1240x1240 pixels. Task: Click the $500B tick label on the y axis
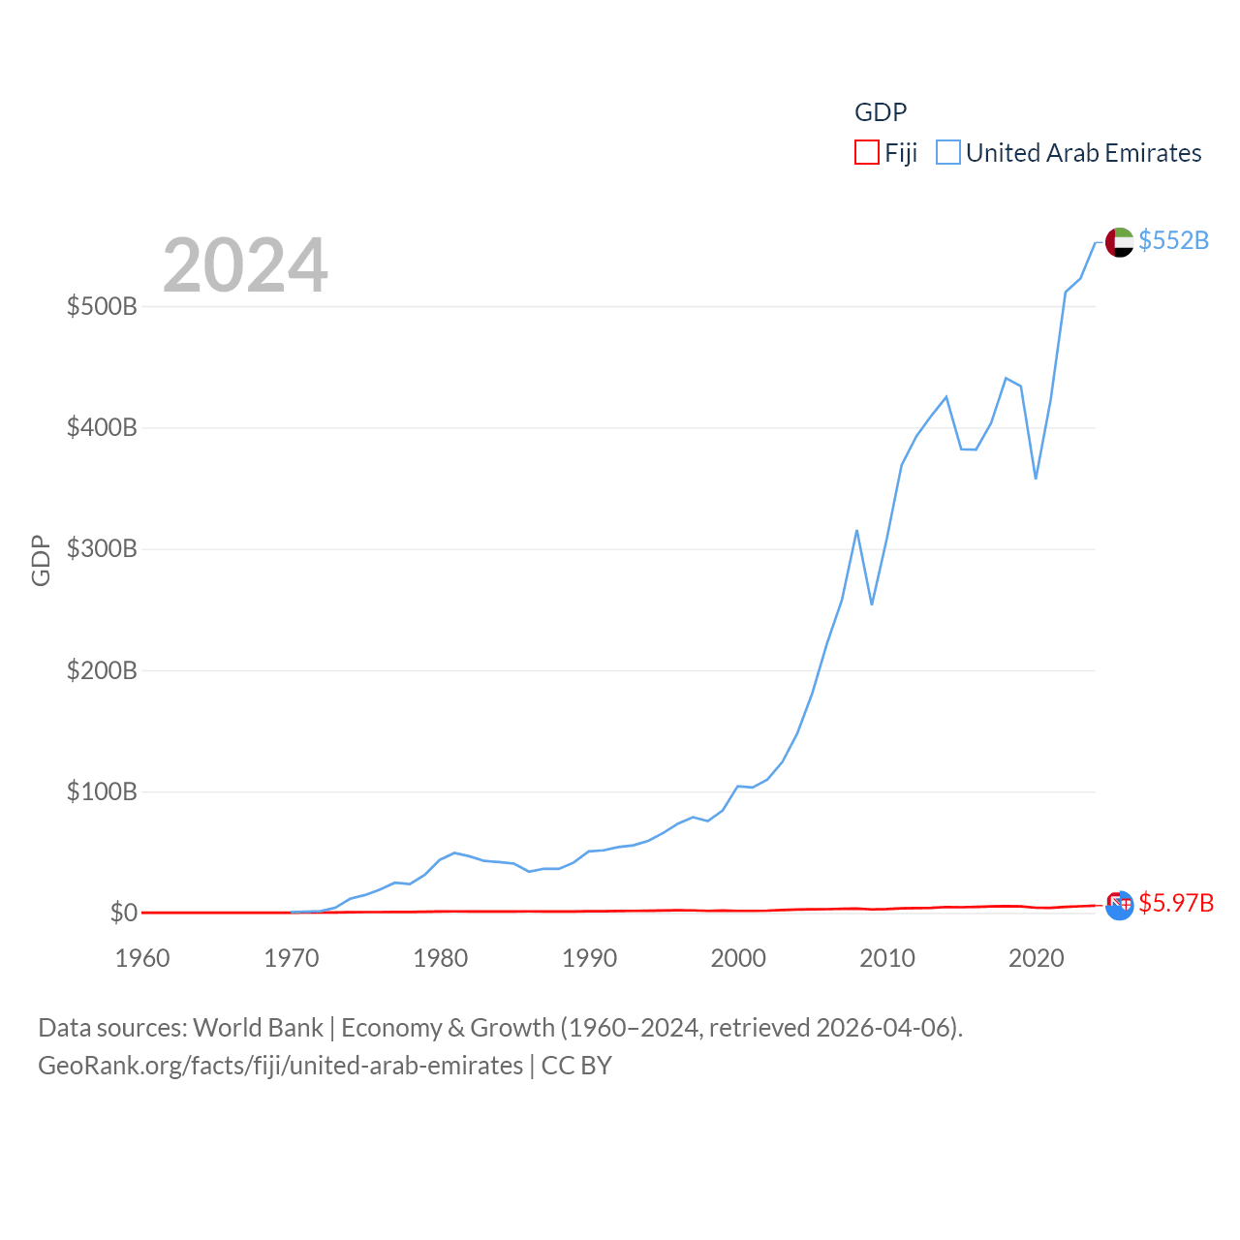pyautogui.click(x=102, y=307)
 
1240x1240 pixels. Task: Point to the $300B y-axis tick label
pyautogui.click(x=102, y=549)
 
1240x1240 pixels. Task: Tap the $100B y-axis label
pyautogui.click(x=102, y=792)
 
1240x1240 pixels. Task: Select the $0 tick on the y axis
pyautogui.click(x=124, y=914)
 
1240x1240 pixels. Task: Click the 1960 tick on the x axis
pyautogui.click(x=142, y=958)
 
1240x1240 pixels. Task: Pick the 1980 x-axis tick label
pyautogui.click(x=441, y=958)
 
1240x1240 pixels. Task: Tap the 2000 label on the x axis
pyautogui.click(x=738, y=958)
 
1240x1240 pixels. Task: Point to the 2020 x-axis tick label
pyautogui.click(x=1037, y=958)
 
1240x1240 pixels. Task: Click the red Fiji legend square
pyautogui.click(x=866, y=153)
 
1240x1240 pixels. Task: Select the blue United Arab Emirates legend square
pyautogui.click(x=948, y=153)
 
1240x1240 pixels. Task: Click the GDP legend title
pyautogui.click(x=881, y=112)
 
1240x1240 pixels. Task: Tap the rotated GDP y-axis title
pyautogui.click(x=41, y=560)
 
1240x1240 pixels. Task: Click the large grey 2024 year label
pyautogui.click(x=245, y=265)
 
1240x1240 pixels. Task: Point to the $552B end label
pyautogui.click(x=1173, y=240)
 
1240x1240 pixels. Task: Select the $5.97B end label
pyautogui.click(x=1176, y=903)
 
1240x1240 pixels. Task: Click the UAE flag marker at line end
pyautogui.click(x=1119, y=242)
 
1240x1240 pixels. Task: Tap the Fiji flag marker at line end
pyautogui.click(x=1119, y=905)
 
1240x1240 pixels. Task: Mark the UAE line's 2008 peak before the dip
pyautogui.click(x=857, y=531)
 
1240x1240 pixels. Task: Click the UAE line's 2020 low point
pyautogui.click(x=1036, y=479)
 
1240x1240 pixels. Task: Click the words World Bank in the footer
pyautogui.click(x=258, y=1028)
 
